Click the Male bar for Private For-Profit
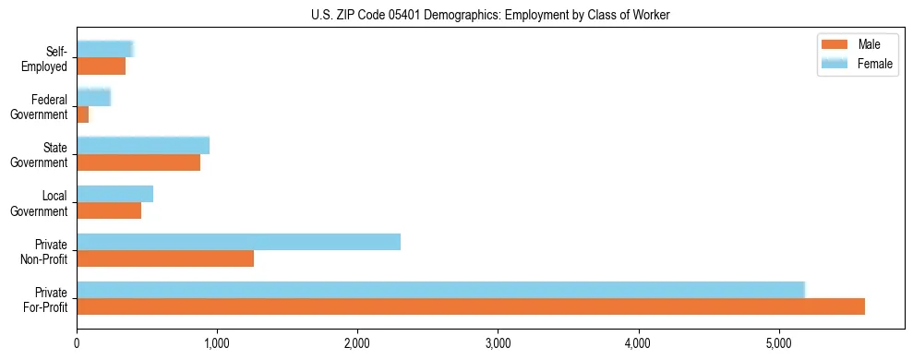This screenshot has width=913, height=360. pyautogui.click(x=471, y=306)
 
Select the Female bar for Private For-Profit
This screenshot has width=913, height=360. pyautogui.click(x=441, y=290)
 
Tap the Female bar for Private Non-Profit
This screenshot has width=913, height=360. pyautogui.click(x=238, y=242)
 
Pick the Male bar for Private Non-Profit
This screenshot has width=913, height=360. pyautogui.click(x=165, y=258)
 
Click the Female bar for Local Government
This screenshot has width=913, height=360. pyautogui.click(x=114, y=194)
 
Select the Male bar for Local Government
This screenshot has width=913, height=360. pyautogui.click(x=109, y=210)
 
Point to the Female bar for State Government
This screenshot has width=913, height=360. pyautogui.click(x=143, y=146)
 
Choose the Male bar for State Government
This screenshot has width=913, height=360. pyautogui.click(x=138, y=162)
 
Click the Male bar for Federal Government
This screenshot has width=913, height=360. pyautogui.click(x=83, y=114)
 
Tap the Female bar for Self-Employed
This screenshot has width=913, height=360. pyautogui.click(x=105, y=50)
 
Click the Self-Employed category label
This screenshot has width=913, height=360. pyautogui.click(x=47, y=58)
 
